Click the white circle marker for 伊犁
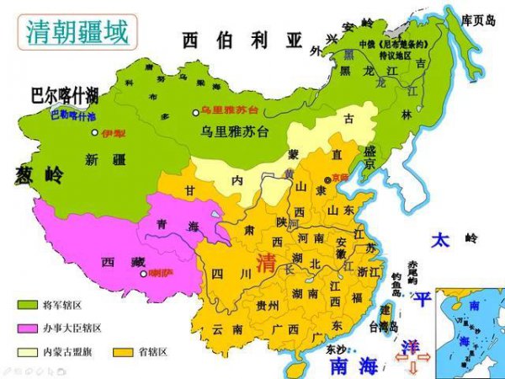(x=94, y=133)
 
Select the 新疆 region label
(x=104, y=159)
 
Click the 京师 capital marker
(x=327, y=179)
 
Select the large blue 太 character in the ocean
(x=440, y=240)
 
